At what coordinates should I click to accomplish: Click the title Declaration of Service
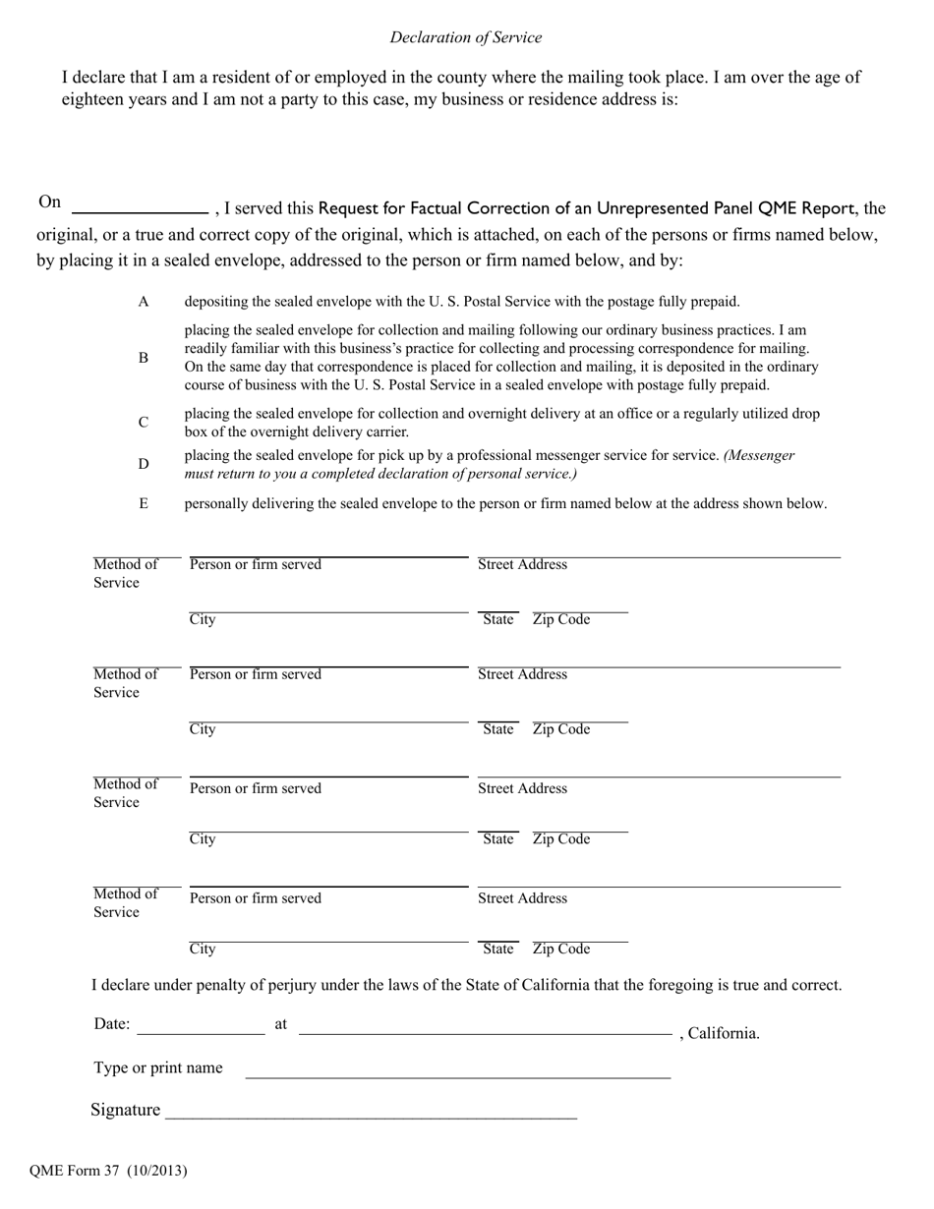tap(465, 37)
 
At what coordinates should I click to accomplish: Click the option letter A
tap(144, 302)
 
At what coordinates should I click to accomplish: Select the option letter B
tap(144, 358)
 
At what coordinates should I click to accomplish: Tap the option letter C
tap(144, 423)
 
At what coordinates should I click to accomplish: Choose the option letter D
tap(144, 464)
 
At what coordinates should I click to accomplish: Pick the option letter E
tap(144, 503)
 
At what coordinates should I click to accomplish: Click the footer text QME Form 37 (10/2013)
tap(108, 1170)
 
